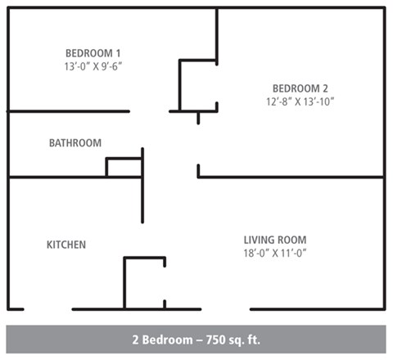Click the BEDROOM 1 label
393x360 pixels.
91,52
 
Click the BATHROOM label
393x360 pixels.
75,143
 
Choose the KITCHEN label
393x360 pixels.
66,245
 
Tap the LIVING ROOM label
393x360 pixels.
275,240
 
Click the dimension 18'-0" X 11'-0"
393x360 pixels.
275,253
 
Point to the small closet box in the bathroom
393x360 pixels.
124,168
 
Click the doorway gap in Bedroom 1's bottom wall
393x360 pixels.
149,111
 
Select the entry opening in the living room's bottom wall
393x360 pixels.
225,309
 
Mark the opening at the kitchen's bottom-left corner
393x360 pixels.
47,309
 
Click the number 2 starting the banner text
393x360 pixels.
135,339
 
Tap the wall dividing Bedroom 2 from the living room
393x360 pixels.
291,177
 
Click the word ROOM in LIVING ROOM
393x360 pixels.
291,240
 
